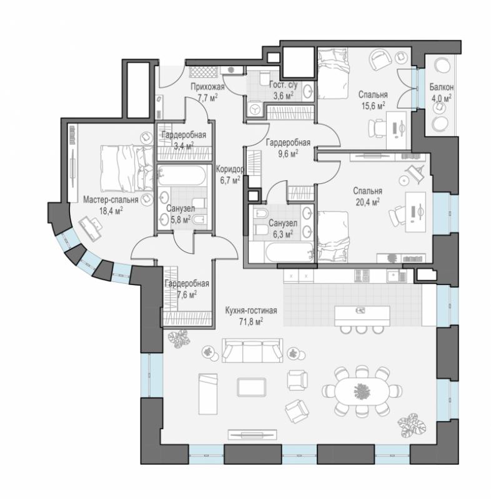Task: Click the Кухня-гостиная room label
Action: tap(251, 310)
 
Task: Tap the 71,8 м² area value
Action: tap(251, 322)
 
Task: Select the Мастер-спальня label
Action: tap(111, 200)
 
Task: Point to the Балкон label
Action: tap(441, 87)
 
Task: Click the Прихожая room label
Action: tap(207, 87)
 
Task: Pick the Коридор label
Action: tap(230, 169)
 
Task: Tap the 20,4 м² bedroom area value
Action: tap(367, 202)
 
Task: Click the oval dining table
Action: tap(362, 391)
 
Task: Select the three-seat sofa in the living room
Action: tap(252, 351)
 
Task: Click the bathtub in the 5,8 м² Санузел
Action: tap(182, 175)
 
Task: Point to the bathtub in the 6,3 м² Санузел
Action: tap(289, 253)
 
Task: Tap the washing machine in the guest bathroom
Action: tap(254, 110)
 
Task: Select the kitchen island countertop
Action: tap(362, 316)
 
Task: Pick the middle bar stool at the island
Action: tap(362, 330)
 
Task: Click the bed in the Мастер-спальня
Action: tap(127, 168)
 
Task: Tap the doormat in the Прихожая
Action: tap(203, 72)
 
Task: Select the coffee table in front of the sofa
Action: tap(251, 387)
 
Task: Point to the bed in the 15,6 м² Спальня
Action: tap(334, 74)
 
